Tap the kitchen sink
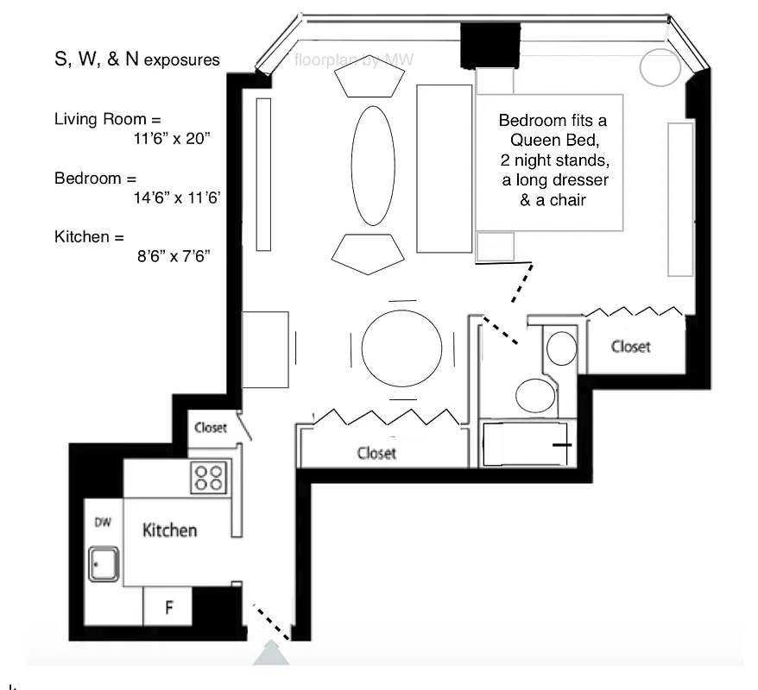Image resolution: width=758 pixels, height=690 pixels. coord(104,563)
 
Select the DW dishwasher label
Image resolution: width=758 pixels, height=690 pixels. coord(103,523)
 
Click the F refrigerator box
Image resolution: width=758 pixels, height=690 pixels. coord(169,607)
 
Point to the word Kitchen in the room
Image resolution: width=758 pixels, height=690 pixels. coord(170,530)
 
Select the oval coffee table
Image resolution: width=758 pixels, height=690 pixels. coord(372,165)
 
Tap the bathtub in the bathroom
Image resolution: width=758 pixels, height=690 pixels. coord(524,444)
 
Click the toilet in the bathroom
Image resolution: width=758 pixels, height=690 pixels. coord(535,397)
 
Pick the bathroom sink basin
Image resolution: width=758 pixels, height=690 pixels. coord(562,348)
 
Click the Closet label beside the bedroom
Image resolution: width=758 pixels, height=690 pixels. coord(630,347)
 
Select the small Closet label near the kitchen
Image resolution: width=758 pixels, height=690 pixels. coord(211,428)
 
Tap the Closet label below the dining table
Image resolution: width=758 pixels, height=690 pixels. coord(376,453)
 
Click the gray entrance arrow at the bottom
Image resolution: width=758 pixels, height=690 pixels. coord(271,655)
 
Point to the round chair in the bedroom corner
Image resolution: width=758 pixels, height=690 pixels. coord(659,67)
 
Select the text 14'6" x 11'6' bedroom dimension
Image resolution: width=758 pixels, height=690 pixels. coord(173,198)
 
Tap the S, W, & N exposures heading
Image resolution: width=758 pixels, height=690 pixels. coord(137,60)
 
